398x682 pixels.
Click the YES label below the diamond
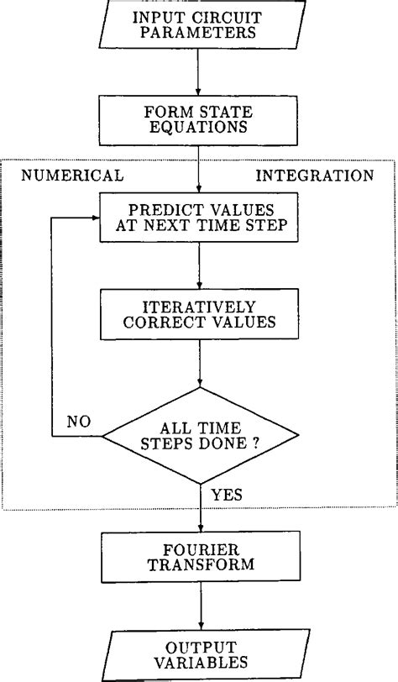(227, 495)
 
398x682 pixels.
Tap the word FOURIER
(199, 548)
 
